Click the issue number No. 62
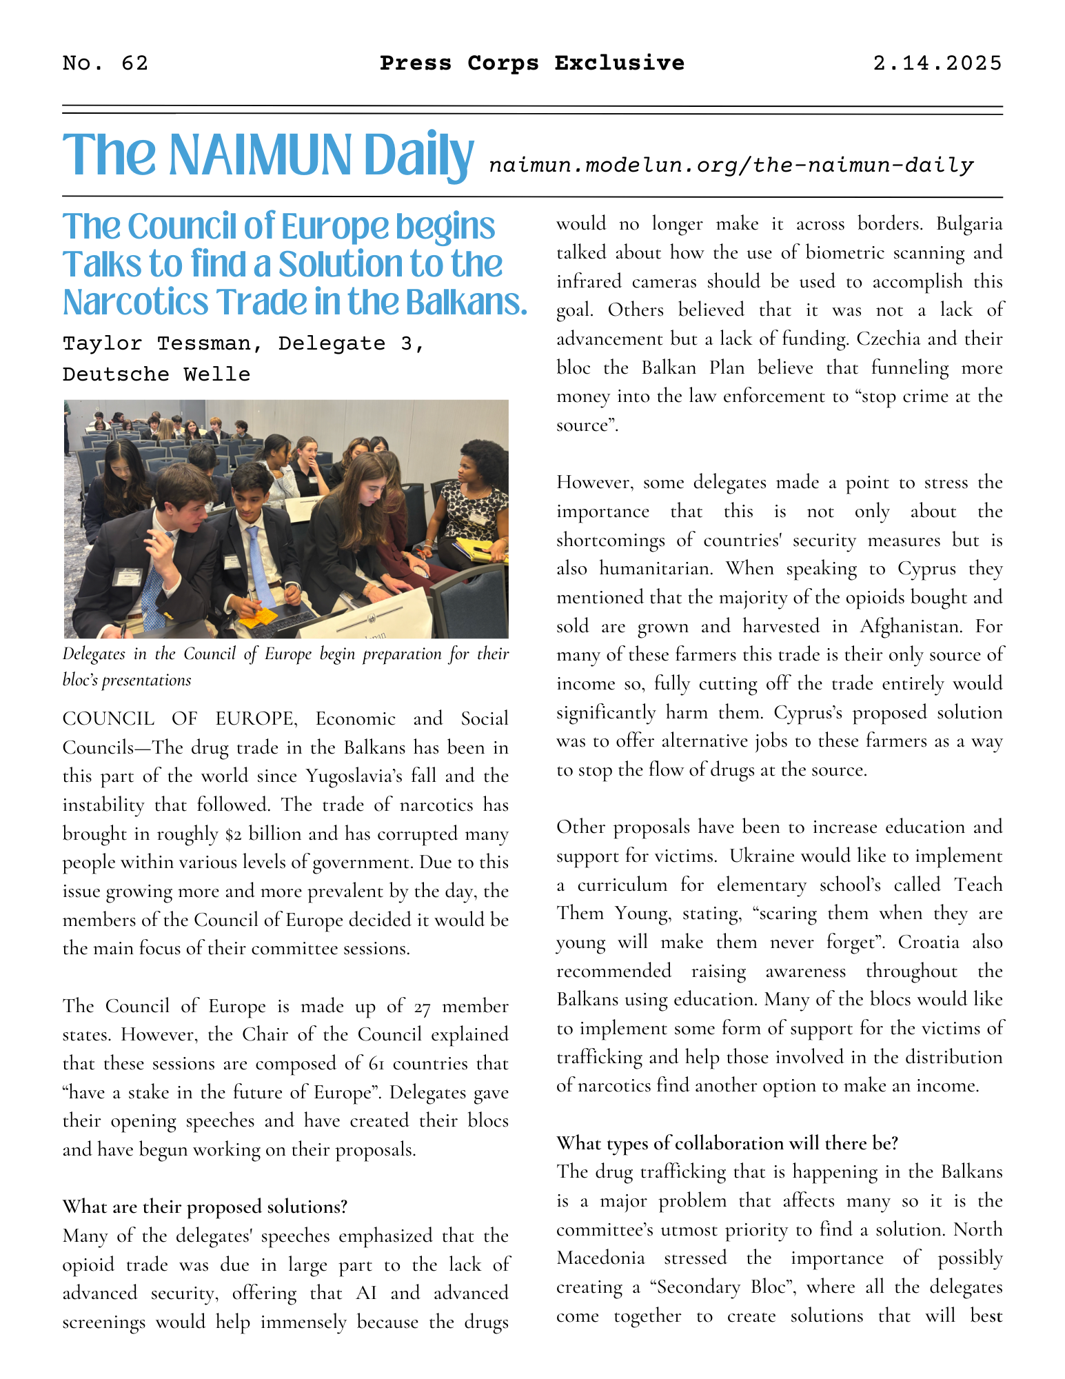pos(105,63)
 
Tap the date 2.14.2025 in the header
pos(937,63)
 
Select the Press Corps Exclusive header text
pos(532,63)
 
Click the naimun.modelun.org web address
pos(731,165)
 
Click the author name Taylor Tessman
pos(156,343)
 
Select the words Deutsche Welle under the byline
pos(156,374)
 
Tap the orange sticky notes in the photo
pos(260,614)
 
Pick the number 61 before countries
pos(376,1064)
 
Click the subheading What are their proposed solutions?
pos(205,1207)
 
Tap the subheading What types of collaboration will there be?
pos(727,1143)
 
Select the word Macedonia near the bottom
pos(600,1258)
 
